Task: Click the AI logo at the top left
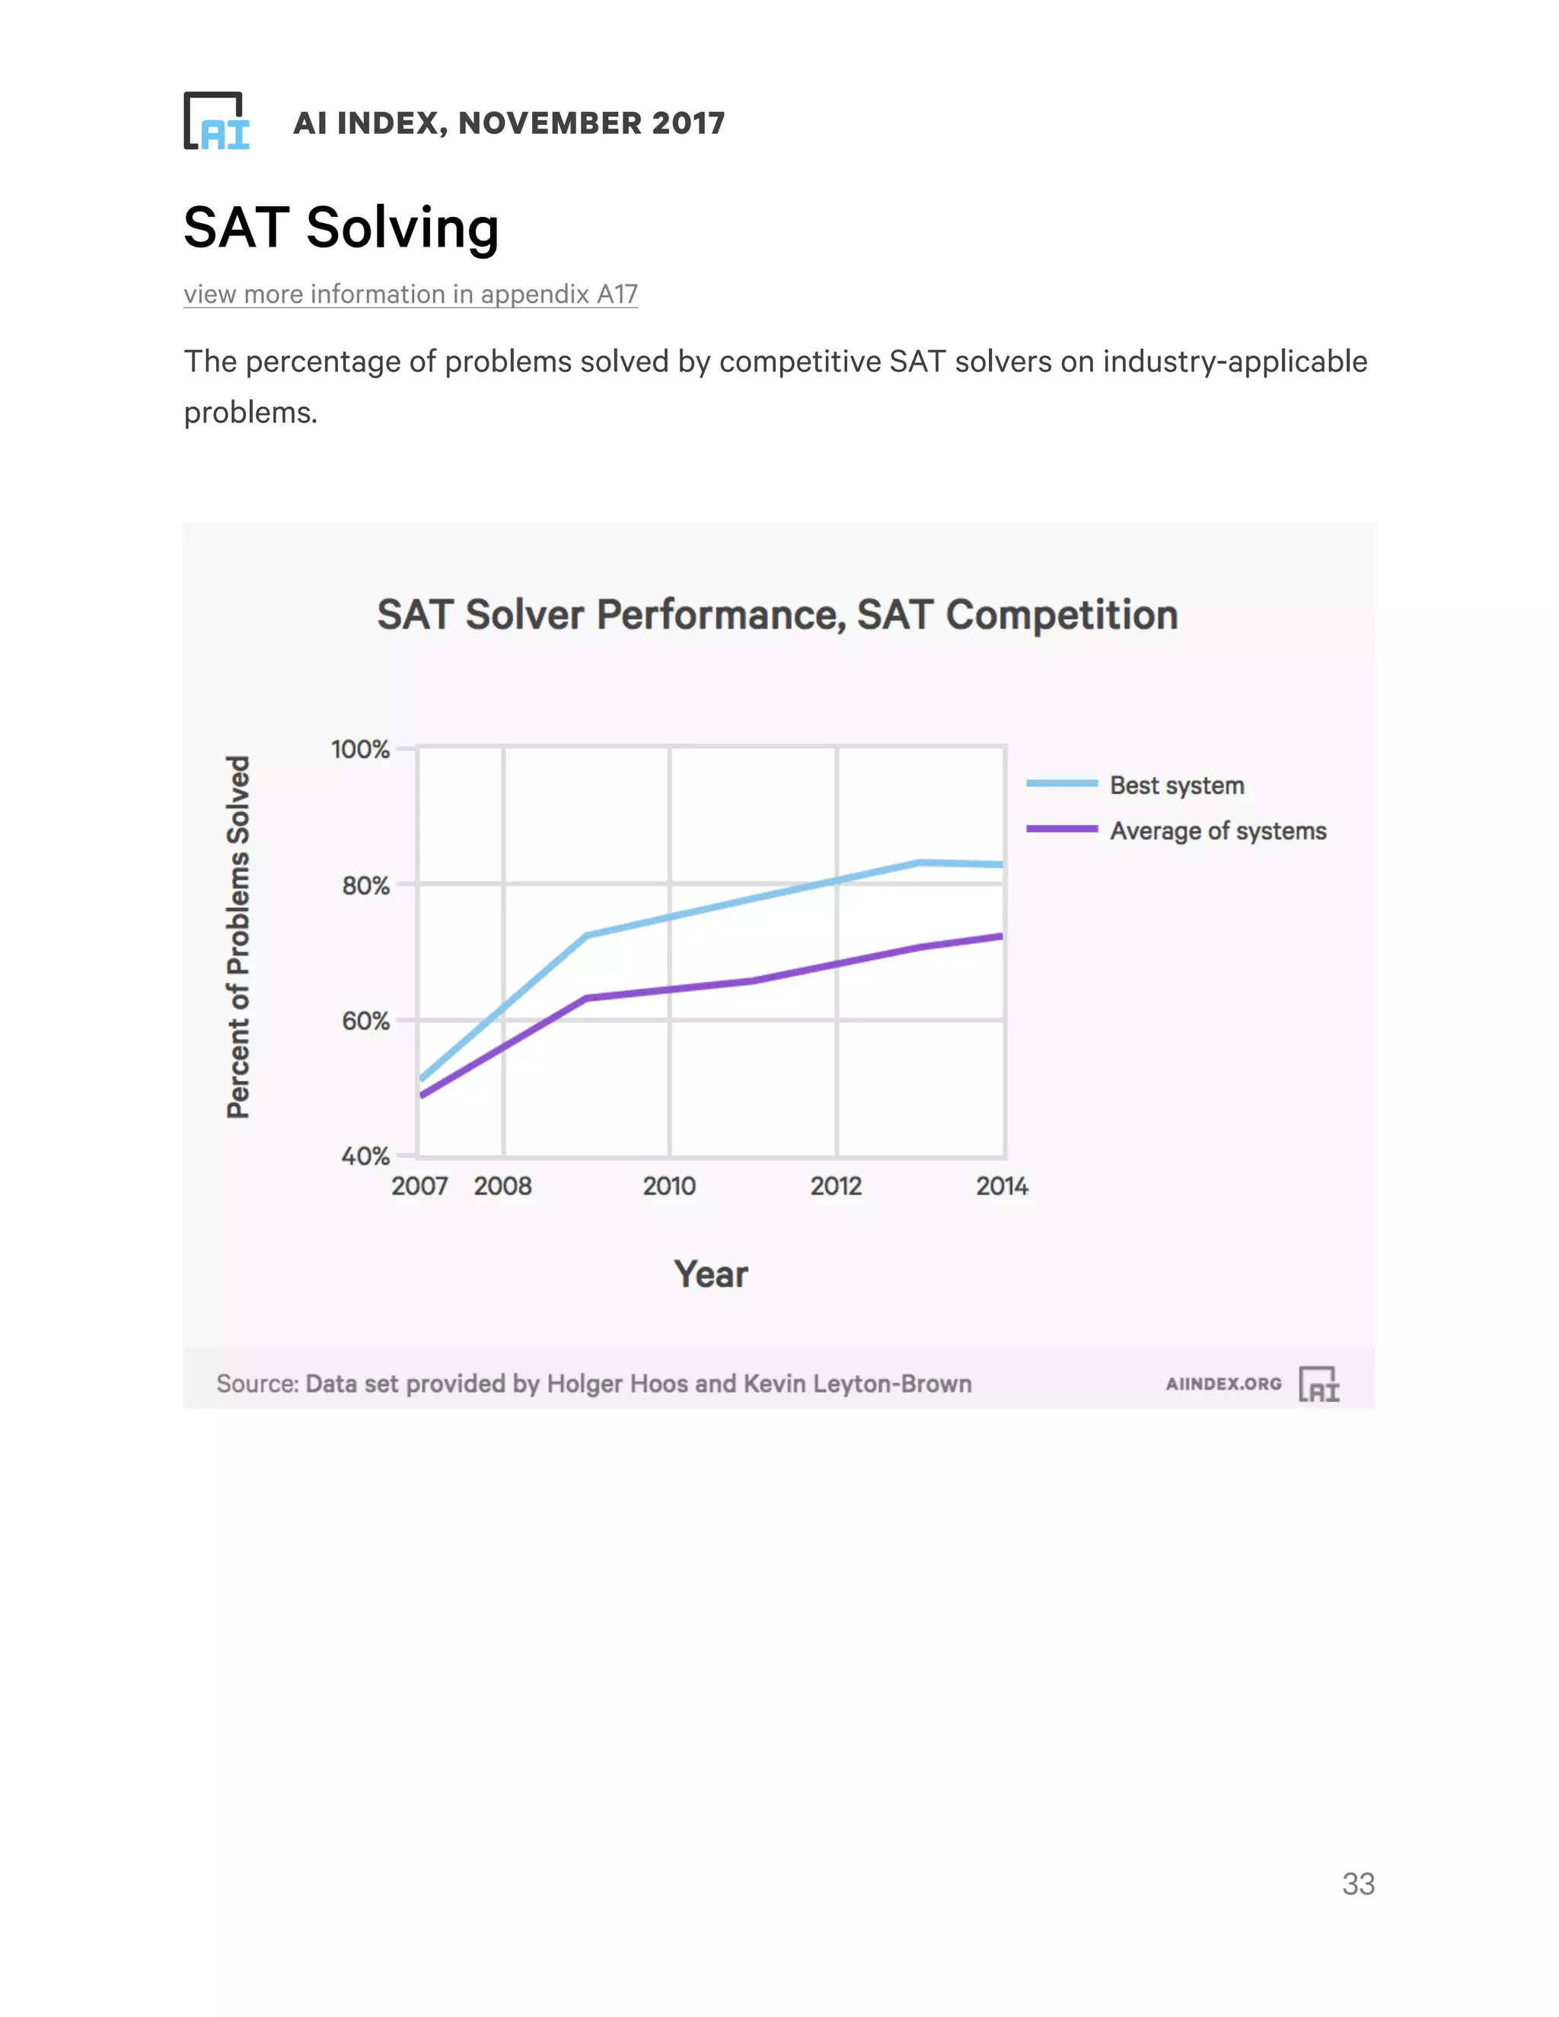click(217, 121)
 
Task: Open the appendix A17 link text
click(410, 294)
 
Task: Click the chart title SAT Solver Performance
click(776, 615)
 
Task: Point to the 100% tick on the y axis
click(360, 749)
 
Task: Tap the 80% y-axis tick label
click(365, 886)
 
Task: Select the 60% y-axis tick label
click(365, 1021)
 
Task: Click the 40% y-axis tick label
click(365, 1156)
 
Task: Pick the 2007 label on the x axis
click(419, 1186)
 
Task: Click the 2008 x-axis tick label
click(502, 1186)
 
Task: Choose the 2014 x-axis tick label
click(1002, 1186)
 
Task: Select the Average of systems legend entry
click(1217, 831)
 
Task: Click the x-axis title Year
click(710, 1274)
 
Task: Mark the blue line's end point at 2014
click(1001, 865)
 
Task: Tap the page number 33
click(1358, 1884)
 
